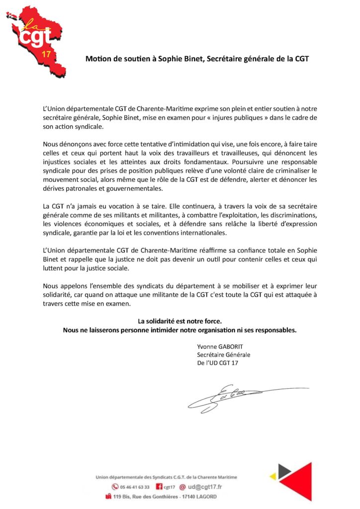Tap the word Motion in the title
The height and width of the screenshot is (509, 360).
click(x=97, y=59)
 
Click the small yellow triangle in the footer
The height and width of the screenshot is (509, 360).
click(x=272, y=476)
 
